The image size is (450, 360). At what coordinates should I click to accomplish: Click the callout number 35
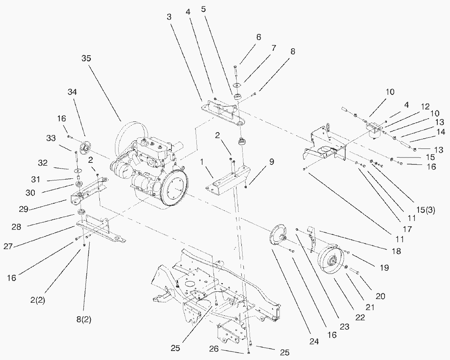click(x=86, y=59)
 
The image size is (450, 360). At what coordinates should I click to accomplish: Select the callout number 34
click(x=72, y=92)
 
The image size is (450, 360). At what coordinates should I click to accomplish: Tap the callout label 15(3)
click(x=425, y=210)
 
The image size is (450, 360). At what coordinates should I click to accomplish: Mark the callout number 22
click(x=360, y=317)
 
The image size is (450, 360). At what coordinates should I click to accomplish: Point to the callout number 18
click(x=396, y=251)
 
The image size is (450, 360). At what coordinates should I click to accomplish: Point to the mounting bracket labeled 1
click(x=227, y=180)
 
